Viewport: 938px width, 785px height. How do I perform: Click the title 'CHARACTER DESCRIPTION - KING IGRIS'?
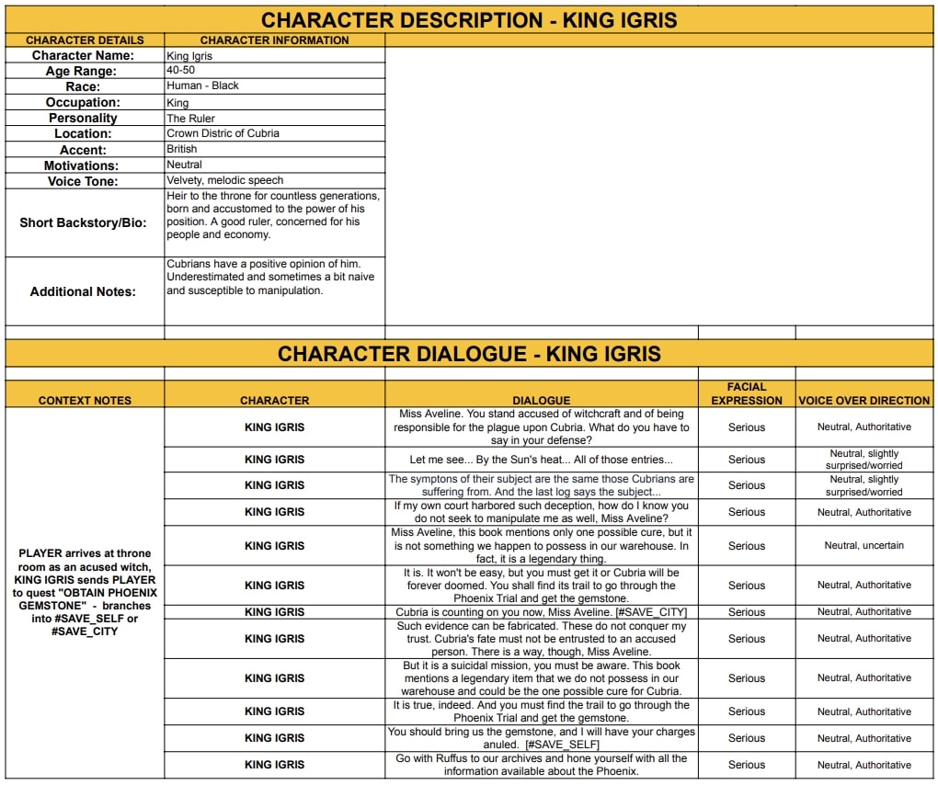(468, 20)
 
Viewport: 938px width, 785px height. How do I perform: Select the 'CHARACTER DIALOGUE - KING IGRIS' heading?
(469, 354)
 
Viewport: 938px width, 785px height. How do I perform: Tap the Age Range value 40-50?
(181, 70)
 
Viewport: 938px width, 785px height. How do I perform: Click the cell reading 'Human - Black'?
(202, 85)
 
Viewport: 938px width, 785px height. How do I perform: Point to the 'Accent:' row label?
(83, 150)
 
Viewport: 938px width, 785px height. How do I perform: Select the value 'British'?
(182, 149)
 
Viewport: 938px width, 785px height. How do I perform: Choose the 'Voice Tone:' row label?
(83, 181)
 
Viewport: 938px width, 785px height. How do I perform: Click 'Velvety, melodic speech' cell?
(225, 180)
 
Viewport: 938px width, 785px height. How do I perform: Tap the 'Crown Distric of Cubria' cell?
(223, 133)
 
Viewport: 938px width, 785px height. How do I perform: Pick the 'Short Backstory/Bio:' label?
(83, 222)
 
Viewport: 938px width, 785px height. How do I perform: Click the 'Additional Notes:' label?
(83, 291)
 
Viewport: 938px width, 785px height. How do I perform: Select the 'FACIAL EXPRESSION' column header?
(746, 393)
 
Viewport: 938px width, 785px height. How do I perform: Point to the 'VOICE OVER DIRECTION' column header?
(864, 401)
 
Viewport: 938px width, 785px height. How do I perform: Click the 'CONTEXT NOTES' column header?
(85, 401)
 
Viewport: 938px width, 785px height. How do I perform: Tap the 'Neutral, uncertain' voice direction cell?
(864, 545)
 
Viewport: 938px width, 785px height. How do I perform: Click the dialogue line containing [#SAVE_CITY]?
(541, 612)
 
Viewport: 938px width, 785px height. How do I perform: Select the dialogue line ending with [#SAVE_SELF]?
(541, 737)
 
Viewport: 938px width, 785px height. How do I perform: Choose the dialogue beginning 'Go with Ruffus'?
(541, 765)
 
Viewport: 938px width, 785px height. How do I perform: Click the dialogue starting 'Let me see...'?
(541, 460)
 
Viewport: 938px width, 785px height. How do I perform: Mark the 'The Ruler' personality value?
(190, 118)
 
